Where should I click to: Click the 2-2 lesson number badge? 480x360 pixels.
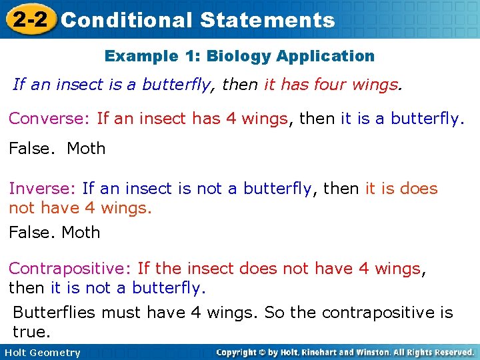pos(29,19)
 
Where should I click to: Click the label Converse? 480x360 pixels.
pos(49,119)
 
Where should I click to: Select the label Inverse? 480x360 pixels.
pos(42,189)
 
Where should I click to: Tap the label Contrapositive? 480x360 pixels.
pos(70,269)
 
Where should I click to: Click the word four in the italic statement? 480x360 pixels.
pos(316,85)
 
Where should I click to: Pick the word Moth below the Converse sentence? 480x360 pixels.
pos(86,149)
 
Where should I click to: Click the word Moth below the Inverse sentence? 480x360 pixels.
pos(81,233)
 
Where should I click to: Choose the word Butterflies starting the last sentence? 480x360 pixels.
pos(55,312)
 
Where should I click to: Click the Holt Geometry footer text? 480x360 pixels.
pos(42,353)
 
